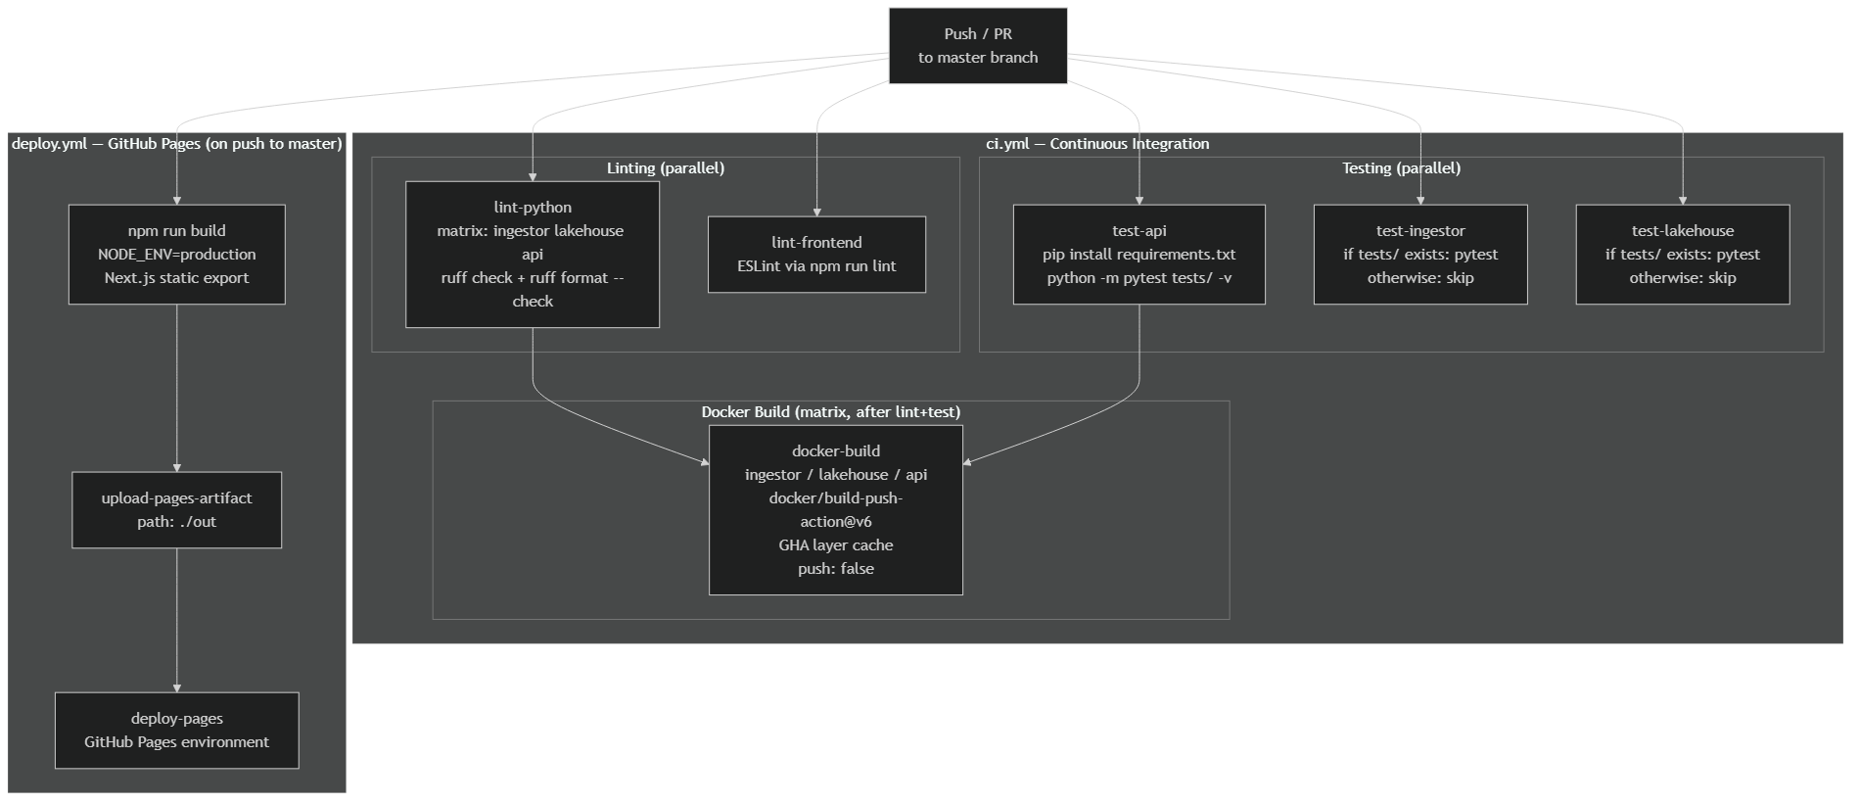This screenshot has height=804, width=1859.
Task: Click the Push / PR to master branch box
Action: coord(977,46)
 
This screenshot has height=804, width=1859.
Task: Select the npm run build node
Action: coord(176,255)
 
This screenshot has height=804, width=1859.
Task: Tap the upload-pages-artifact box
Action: coord(176,510)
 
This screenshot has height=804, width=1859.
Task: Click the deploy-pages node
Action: coord(176,731)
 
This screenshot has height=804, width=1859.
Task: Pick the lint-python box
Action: coord(533,255)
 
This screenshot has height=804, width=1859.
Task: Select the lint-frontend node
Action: coord(816,255)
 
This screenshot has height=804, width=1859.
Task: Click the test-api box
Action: coord(1139,255)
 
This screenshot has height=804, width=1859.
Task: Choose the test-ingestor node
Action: coord(1419,255)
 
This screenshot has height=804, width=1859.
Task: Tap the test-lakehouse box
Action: coord(1682,255)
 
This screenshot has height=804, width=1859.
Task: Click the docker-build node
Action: coord(835,509)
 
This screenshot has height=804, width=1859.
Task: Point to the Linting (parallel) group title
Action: coord(666,168)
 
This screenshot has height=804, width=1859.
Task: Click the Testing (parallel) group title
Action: coord(1401,168)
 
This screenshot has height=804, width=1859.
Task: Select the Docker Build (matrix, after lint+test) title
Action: coord(830,412)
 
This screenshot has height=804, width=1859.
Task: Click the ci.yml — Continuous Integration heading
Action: coord(1096,144)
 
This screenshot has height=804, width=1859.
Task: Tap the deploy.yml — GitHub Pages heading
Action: coord(176,144)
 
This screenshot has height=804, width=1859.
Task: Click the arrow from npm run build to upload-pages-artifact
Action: coord(177,387)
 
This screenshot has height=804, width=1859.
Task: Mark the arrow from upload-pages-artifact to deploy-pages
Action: coord(177,620)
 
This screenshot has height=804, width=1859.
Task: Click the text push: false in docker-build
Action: coord(835,569)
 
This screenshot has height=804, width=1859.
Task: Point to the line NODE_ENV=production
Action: coord(176,255)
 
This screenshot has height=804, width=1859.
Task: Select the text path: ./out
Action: coord(176,522)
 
